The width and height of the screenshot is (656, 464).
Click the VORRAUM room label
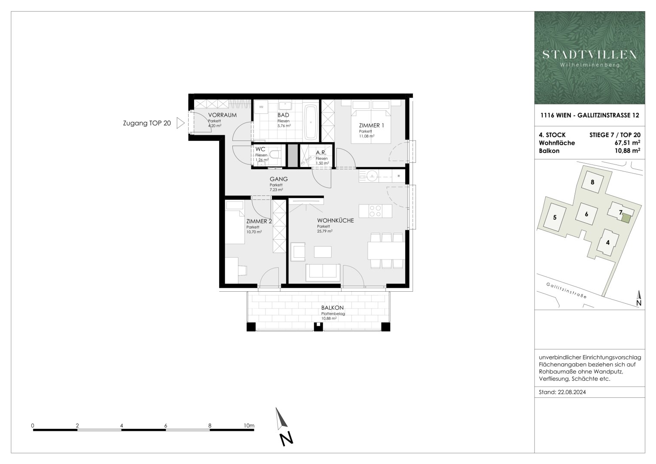tap(222, 115)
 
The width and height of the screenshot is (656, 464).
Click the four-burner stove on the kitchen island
tap(375, 211)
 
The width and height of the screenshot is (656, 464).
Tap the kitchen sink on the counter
tap(372, 175)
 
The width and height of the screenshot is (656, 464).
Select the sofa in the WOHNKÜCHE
tap(323, 272)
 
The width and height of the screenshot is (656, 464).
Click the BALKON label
tap(333, 308)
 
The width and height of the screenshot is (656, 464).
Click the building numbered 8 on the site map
tap(592, 182)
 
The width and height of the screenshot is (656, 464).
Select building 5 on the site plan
tap(555, 217)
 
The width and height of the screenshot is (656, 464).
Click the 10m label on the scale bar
tap(249, 426)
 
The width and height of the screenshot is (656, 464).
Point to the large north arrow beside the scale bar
tap(284, 425)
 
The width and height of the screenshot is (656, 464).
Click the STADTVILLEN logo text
tap(589, 55)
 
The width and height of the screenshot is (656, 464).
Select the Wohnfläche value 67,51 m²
tap(627, 143)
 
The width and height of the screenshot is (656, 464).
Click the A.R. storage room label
tap(321, 153)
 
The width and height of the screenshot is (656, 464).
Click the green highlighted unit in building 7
tap(627, 218)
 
